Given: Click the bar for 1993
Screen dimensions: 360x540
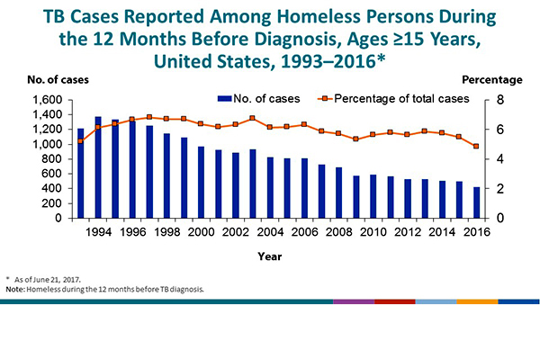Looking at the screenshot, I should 80,173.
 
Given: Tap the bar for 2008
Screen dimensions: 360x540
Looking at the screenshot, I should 339,193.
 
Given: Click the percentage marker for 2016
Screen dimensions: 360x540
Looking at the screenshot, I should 477,146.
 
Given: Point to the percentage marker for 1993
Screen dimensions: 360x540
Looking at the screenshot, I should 80,140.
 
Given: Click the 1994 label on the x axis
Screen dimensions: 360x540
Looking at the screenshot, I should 98,231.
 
